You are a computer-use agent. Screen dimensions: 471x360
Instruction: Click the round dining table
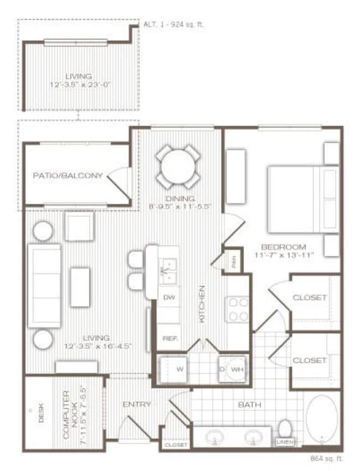pyautogui.click(x=177, y=166)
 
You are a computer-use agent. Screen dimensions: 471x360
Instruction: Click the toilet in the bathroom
pyautogui.click(x=285, y=428)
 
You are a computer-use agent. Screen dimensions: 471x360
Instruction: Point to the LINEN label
pyautogui.click(x=285, y=442)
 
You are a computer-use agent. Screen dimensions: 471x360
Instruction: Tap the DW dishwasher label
pyautogui.click(x=169, y=298)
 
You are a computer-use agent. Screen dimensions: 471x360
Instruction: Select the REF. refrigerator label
pyautogui.click(x=169, y=337)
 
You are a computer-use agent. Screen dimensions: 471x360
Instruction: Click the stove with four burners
pyautogui.click(x=238, y=309)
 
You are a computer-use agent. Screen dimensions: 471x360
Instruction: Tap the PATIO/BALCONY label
pyautogui.click(x=68, y=176)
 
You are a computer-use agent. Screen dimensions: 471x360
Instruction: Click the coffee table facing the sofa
pyautogui.click(x=80, y=286)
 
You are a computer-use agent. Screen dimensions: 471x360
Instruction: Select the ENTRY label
pyautogui.click(x=136, y=405)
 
